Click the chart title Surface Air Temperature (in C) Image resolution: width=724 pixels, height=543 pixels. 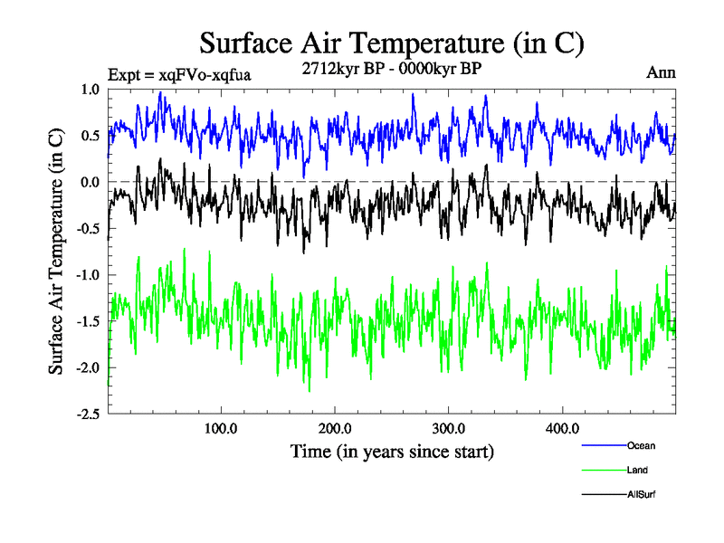pyautogui.click(x=391, y=43)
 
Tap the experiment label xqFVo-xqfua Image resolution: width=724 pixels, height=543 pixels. pyautogui.click(x=178, y=74)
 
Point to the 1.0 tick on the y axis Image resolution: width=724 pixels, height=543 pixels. pyautogui.click(x=90, y=90)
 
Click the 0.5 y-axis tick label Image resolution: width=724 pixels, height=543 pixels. pyautogui.click(x=90, y=136)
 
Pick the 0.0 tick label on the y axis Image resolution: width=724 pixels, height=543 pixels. pyautogui.click(x=90, y=182)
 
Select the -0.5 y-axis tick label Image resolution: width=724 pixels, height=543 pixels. pyautogui.click(x=88, y=228)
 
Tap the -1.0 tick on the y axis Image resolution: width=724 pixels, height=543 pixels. pyautogui.click(x=88, y=274)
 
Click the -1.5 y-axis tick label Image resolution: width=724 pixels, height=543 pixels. pyautogui.click(x=88, y=321)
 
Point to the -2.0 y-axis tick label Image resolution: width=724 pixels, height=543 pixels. pyautogui.click(x=88, y=367)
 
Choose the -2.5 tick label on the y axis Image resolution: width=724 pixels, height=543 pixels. pyautogui.click(x=88, y=414)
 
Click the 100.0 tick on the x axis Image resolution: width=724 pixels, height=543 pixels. pyautogui.click(x=221, y=429)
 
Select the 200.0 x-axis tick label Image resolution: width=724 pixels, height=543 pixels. pyautogui.click(x=335, y=429)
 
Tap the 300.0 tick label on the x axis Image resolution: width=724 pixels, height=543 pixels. pyautogui.click(x=449, y=429)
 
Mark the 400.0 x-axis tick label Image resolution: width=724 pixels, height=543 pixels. pyautogui.click(x=563, y=429)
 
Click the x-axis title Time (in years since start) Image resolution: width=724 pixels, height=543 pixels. pyautogui.click(x=392, y=450)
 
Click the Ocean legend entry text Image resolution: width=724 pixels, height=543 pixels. pyautogui.click(x=641, y=445)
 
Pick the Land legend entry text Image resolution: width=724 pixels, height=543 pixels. pyautogui.click(x=637, y=470)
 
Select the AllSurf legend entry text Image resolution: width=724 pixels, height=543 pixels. pyautogui.click(x=641, y=494)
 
